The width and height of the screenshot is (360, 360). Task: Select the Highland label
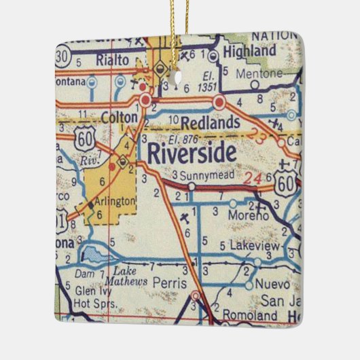coord(250,52)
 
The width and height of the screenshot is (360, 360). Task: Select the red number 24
coord(253,179)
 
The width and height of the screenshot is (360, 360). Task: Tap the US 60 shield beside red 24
coord(285,181)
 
